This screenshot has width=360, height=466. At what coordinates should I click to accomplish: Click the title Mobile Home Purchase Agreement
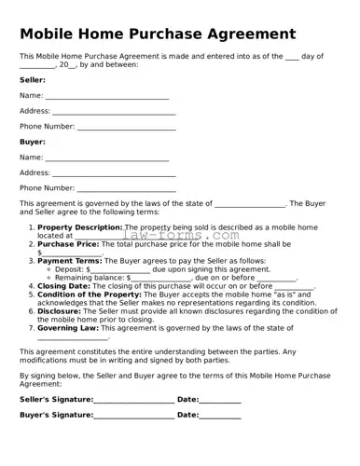(x=158, y=34)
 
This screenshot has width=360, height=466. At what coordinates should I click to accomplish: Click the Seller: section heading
(x=33, y=80)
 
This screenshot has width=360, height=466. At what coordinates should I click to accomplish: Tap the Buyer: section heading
(x=33, y=142)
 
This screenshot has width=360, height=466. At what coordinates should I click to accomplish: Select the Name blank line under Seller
(x=106, y=97)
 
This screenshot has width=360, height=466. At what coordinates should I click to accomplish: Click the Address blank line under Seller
(x=114, y=112)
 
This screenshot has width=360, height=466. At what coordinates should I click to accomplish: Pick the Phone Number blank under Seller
(x=126, y=127)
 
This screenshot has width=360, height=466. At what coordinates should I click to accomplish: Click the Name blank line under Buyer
(x=106, y=158)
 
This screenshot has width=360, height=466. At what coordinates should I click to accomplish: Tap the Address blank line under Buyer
(x=114, y=173)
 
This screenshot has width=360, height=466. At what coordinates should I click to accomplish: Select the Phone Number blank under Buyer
(x=126, y=188)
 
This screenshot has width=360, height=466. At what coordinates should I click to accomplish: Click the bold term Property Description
(x=79, y=227)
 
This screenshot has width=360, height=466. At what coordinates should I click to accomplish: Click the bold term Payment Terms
(x=70, y=261)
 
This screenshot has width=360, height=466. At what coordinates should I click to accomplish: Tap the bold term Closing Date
(x=67, y=286)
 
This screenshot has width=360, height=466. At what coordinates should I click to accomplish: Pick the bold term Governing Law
(x=68, y=328)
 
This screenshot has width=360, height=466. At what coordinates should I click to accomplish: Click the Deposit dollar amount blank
(x=119, y=270)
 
